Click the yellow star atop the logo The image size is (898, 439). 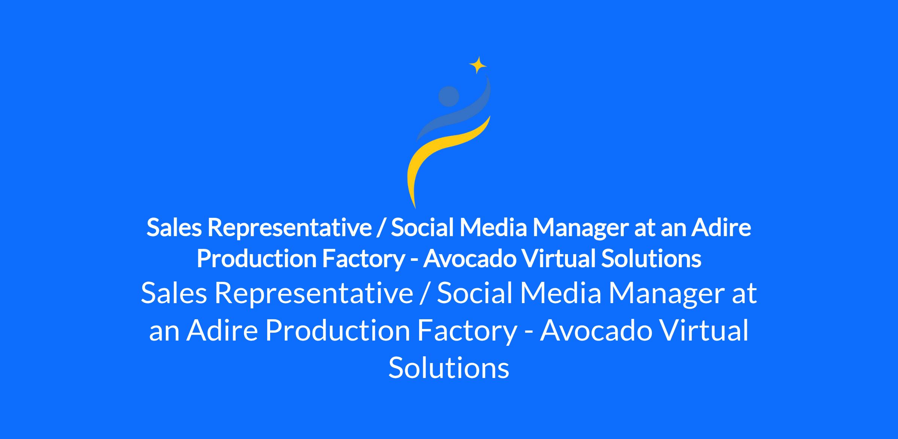pos(478,65)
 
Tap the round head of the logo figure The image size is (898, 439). pos(449,97)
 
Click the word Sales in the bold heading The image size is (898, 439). pos(174,227)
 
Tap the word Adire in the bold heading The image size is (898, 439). pos(721,227)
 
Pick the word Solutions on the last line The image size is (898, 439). pos(449,368)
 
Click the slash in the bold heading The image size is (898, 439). pos(381,228)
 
